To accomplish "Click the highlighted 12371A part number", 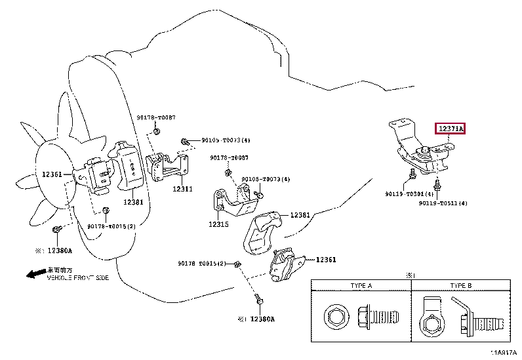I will click(x=451, y=129).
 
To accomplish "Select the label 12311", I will click(x=182, y=189).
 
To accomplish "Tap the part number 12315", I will click(x=218, y=224).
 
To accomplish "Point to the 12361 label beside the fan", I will click(x=52, y=174).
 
